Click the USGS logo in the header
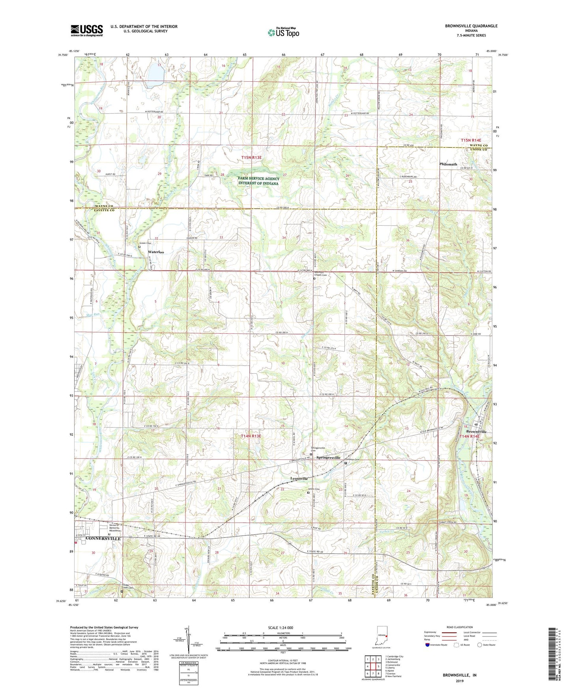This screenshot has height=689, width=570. click(x=87, y=30)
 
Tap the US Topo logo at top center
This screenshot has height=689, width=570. click(x=283, y=32)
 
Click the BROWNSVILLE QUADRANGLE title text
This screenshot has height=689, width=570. click(x=471, y=26)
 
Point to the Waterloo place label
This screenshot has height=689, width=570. click(x=156, y=252)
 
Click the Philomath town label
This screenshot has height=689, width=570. click(x=448, y=164)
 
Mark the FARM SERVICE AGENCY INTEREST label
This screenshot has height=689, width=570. click(x=258, y=181)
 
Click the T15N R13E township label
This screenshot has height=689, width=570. click(x=251, y=157)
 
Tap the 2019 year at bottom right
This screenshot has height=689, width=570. click(x=460, y=681)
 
